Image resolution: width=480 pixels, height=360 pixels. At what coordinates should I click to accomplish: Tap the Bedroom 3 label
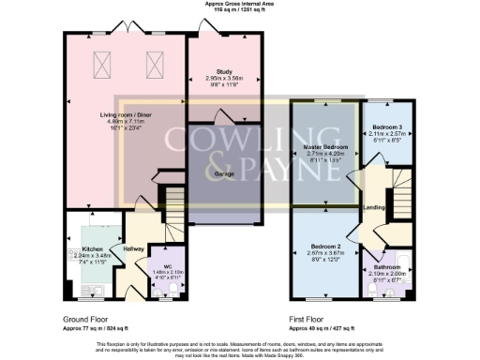[x=387, y=126]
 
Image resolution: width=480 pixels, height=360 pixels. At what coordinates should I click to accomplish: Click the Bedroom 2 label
[x=323, y=247]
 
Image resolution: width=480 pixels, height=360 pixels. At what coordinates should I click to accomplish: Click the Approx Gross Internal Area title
[x=239, y=4]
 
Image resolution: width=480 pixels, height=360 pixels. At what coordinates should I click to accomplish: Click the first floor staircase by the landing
[x=397, y=191]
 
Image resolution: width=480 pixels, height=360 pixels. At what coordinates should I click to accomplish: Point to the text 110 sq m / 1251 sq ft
[x=239, y=9]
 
